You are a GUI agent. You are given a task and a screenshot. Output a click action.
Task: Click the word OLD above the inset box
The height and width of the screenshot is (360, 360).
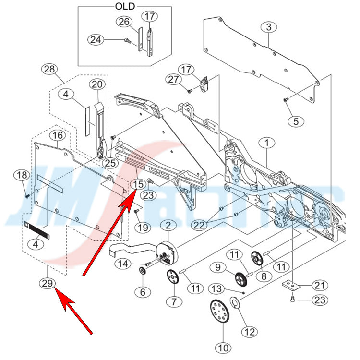click(x=125, y=6)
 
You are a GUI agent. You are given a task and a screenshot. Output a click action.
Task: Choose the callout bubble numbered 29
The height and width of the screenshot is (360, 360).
click(x=47, y=283)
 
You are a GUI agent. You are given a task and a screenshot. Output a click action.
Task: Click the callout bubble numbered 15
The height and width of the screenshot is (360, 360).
click(x=138, y=183)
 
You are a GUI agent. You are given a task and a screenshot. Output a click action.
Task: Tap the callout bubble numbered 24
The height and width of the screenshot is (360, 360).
click(x=96, y=40)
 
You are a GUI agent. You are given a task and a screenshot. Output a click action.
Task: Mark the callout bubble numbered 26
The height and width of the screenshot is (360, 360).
click(x=124, y=22)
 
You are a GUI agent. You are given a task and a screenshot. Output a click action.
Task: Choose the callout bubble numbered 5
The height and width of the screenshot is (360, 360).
click(x=296, y=121)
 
